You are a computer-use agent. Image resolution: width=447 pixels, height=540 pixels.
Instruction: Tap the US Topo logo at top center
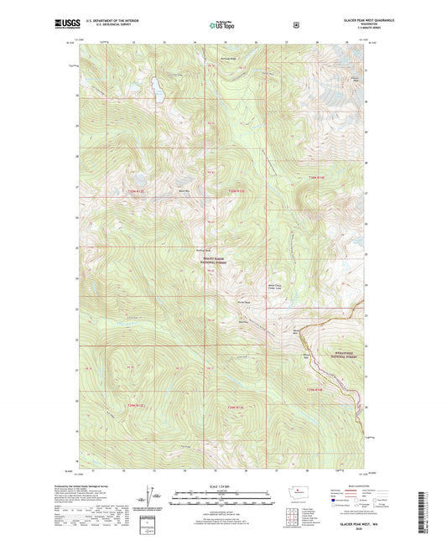click(222, 25)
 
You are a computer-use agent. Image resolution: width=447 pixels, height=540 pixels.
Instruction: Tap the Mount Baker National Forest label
click(222, 262)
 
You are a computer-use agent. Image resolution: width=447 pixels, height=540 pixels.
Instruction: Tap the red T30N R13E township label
click(135, 193)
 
